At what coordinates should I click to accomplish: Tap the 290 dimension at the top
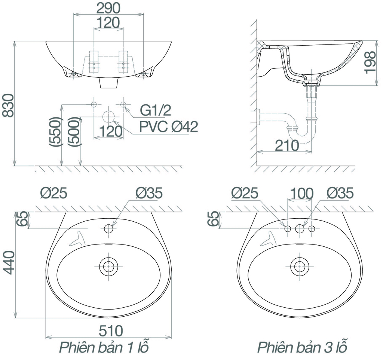[108, 8]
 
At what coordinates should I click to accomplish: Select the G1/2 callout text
[155, 111]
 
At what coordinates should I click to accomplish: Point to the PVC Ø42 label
[169, 127]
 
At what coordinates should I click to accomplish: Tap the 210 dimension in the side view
[287, 145]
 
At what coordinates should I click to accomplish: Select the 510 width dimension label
[111, 331]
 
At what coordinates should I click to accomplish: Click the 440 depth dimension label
[9, 262]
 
